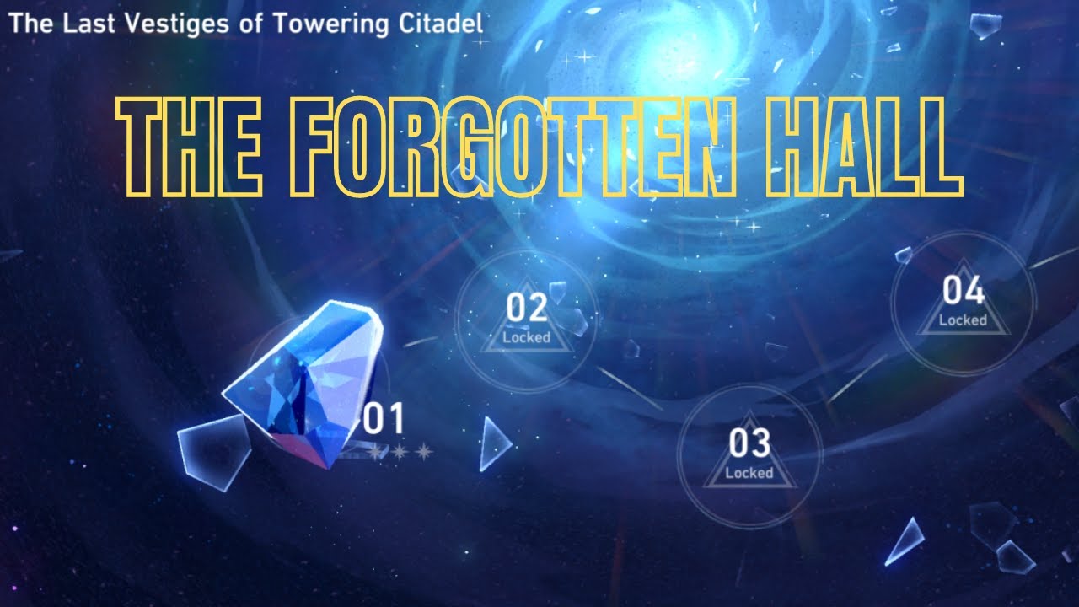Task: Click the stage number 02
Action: coord(527,309)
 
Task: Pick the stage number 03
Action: coord(749,443)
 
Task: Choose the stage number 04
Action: coord(964,291)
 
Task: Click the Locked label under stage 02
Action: coord(527,337)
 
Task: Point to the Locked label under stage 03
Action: coord(749,473)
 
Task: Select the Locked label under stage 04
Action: coord(964,320)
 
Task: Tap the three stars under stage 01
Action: coord(400,453)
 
